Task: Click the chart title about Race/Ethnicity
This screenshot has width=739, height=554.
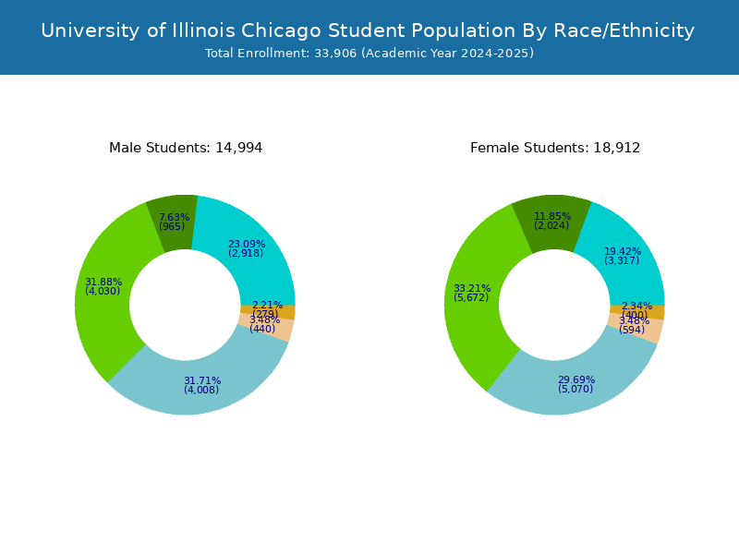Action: point(368,30)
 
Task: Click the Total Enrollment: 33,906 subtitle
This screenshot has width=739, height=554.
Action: point(369,54)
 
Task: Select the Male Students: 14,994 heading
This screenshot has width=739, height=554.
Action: point(186,148)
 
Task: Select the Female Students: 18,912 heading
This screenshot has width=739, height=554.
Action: point(555,148)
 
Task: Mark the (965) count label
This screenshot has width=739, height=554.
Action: point(172,227)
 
